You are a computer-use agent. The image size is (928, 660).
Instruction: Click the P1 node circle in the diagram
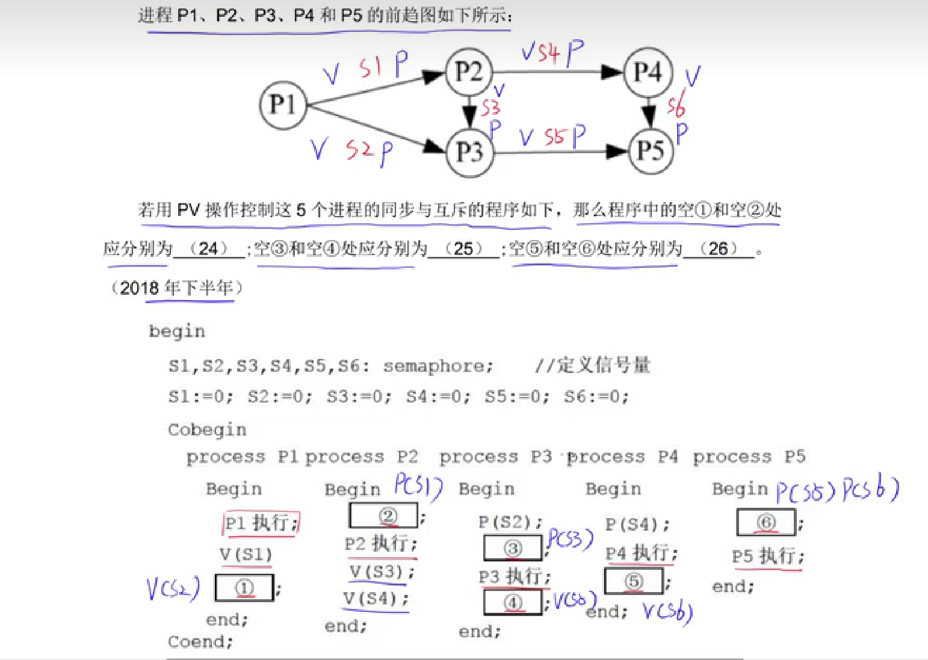pyautogui.click(x=282, y=105)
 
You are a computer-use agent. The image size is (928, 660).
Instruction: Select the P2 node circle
pyautogui.click(x=469, y=72)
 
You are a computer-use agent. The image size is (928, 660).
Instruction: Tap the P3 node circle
pyautogui.click(x=470, y=152)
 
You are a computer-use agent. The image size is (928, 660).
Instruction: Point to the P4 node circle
pyautogui.click(x=648, y=72)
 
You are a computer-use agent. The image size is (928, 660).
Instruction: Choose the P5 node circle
pyautogui.click(x=651, y=150)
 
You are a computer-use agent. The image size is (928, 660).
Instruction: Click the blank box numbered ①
pyautogui.click(x=244, y=588)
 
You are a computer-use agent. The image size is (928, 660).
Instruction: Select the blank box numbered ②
pyautogui.click(x=383, y=516)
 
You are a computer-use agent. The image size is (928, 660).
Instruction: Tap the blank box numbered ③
pyautogui.click(x=513, y=547)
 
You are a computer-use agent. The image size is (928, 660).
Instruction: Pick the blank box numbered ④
pyautogui.click(x=513, y=602)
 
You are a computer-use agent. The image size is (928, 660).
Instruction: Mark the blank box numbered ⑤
pyautogui.click(x=634, y=581)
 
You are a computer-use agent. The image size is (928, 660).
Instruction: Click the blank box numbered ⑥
pyautogui.click(x=766, y=522)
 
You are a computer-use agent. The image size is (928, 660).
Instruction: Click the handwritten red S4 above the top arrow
pyautogui.click(x=549, y=53)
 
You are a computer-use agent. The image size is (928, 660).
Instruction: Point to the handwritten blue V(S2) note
pyautogui.click(x=173, y=588)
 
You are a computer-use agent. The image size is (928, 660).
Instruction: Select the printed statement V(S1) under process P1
pyautogui.click(x=246, y=555)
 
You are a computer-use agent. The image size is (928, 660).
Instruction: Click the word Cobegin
pyautogui.click(x=207, y=430)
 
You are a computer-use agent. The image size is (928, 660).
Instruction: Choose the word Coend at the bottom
pyautogui.click(x=199, y=642)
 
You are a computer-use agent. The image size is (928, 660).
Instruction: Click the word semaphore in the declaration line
pyautogui.click(x=438, y=366)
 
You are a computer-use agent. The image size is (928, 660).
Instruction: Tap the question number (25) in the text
pyautogui.click(x=463, y=248)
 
